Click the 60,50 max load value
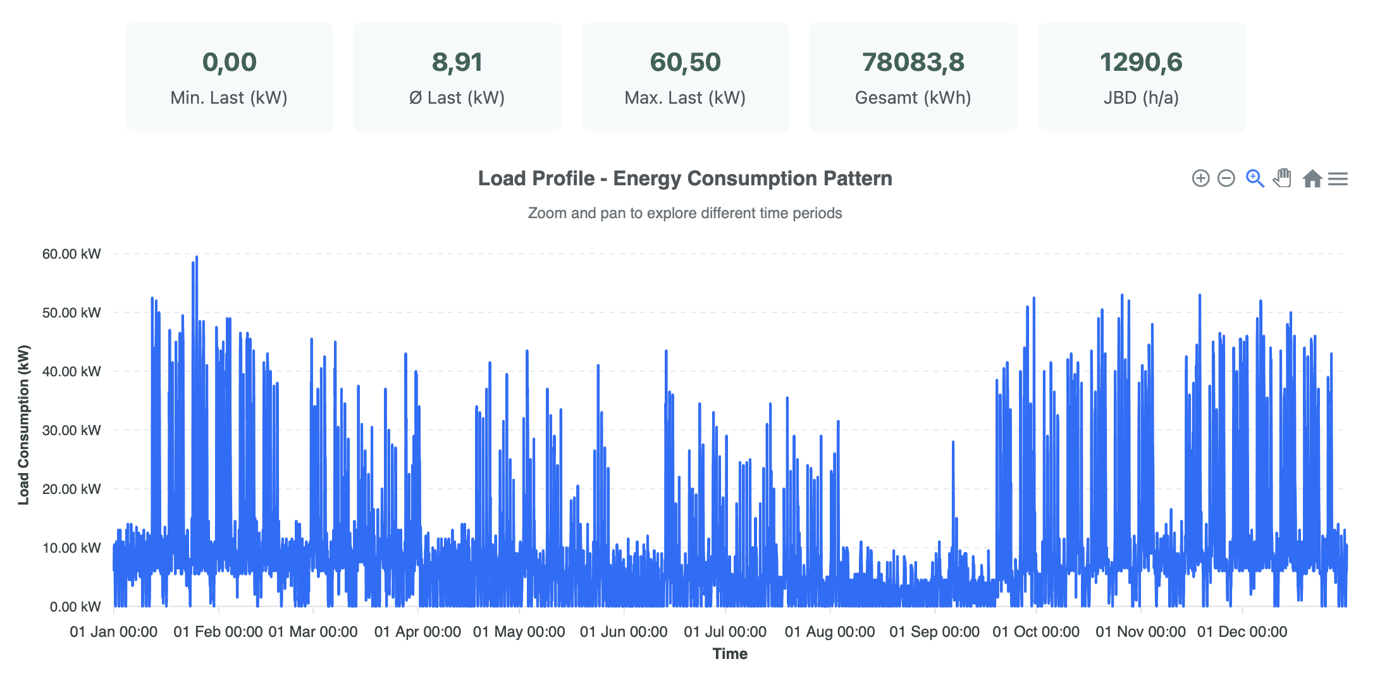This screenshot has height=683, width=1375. [x=685, y=62]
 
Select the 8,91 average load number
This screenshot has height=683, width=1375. [x=457, y=62]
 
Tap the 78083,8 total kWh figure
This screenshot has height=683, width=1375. [x=913, y=62]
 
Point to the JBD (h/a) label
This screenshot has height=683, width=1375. [x=1141, y=98]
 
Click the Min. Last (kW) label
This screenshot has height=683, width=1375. [x=229, y=98]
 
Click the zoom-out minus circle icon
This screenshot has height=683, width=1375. [x=1226, y=178]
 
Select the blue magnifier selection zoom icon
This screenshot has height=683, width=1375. [x=1254, y=178]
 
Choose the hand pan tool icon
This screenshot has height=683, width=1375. [x=1282, y=178]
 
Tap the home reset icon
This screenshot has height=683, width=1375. [x=1312, y=179]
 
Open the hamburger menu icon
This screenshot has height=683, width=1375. [x=1338, y=179]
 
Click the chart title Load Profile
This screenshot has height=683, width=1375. [x=685, y=178]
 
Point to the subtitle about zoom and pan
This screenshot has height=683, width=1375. [x=685, y=213]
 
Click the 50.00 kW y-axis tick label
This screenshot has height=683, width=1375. [x=71, y=312]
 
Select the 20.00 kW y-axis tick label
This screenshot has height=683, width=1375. [x=71, y=489]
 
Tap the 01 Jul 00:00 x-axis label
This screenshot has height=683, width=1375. [x=725, y=632]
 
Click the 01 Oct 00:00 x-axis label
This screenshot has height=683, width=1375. [x=1036, y=632]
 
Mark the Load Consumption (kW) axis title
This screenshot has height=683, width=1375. [x=24, y=425]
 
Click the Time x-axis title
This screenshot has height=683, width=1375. [x=730, y=654]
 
